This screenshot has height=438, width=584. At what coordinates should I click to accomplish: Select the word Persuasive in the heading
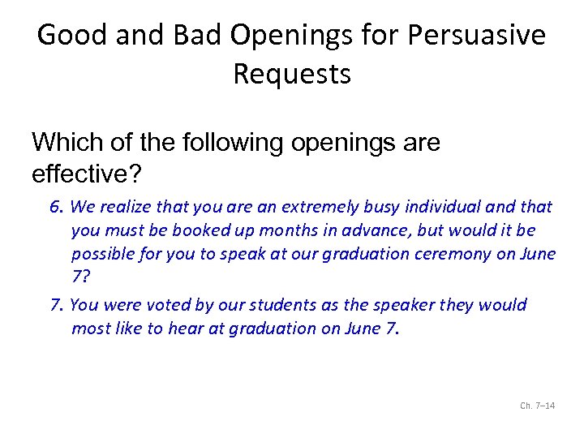[x=476, y=36]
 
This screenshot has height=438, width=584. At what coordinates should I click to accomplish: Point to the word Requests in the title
[x=292, y=75]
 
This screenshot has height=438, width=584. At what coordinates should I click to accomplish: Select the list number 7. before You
[x=57, y=305]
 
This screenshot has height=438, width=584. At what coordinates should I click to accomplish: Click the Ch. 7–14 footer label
[x=537, y=406]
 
